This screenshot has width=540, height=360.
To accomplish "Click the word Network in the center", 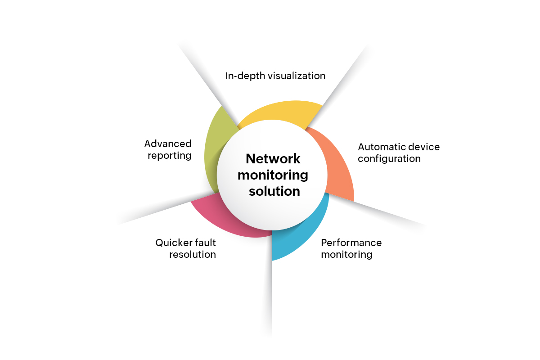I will point(273,159).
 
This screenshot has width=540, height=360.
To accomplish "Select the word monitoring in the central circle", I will point(273,175).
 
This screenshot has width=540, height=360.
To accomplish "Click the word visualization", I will point(297,76).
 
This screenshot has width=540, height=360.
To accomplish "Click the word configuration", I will point(389,159).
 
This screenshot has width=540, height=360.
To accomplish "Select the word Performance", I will point(351,243).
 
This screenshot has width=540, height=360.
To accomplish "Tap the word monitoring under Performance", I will point(346,255).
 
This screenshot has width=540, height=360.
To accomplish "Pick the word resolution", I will point(193,255).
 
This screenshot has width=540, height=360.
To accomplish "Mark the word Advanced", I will point(168,144).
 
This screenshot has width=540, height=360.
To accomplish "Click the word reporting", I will point(169,156).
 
